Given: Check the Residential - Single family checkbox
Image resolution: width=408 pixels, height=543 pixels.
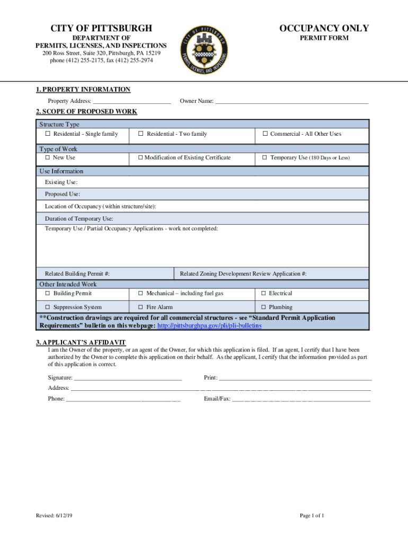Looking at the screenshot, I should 48,134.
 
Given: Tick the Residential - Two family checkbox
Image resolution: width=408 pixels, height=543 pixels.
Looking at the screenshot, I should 141,134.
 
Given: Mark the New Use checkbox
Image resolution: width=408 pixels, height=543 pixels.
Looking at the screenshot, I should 48,158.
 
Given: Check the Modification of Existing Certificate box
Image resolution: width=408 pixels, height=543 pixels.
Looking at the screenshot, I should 140,158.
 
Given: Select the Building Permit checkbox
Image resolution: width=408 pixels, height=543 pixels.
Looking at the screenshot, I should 48,293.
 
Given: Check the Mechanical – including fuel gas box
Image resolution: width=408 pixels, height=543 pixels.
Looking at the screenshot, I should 141,293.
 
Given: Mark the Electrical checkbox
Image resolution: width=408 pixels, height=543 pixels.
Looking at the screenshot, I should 263,293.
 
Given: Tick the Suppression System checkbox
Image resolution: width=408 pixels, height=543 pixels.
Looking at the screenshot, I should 48,307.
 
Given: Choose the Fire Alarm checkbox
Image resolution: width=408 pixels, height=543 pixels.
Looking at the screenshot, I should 141,307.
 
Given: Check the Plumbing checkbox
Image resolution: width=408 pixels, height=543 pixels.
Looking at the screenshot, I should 263,307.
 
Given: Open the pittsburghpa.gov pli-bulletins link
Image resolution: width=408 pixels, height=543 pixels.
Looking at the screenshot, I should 209,326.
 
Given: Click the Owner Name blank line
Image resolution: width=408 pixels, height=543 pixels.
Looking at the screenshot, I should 291,101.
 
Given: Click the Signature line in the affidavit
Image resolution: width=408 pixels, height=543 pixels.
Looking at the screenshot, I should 128,378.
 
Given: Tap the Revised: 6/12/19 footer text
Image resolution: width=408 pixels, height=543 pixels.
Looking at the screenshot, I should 55,515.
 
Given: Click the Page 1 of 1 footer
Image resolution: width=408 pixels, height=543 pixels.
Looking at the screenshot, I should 312,515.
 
